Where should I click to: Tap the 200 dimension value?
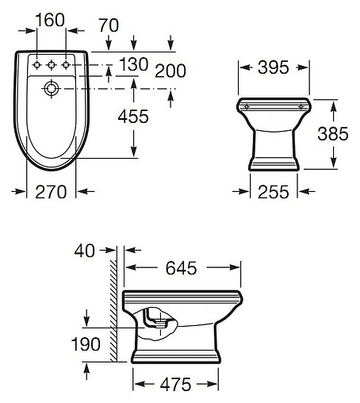pos(170,72)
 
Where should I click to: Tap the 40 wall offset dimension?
pos(83,251)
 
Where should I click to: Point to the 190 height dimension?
pos(84,344)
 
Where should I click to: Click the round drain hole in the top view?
pos(51,86)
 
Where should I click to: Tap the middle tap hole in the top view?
pos(51,63)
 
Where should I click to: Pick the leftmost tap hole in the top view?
pos(36,63)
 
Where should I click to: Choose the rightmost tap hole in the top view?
pos(66,63)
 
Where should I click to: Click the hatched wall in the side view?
pos(114,309)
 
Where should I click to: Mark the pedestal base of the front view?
pos(274,163)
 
